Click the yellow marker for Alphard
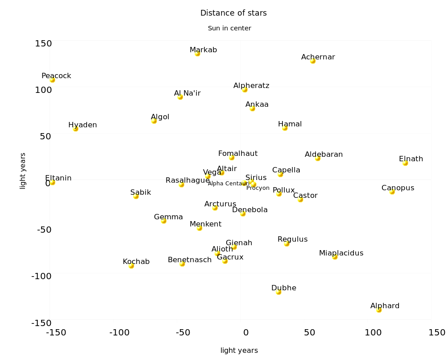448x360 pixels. click(x=379, y=310)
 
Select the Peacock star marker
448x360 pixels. click(x=53, y=80)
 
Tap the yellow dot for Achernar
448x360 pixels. click(x=313, y=61)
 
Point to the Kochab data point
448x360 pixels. click(x=131, y=266)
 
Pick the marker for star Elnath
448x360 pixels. click(x=405, y=163)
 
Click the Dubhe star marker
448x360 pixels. click(x=278, y=292)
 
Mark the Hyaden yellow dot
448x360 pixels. click(x=76, y=129)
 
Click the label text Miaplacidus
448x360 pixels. click(x=341, y=253)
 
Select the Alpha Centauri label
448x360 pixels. click(x=225, y=184)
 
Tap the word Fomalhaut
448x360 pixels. click(x=237, y=154)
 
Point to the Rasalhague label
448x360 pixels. click(x=187, y=180)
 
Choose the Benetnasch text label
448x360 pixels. click(x=190, y=260)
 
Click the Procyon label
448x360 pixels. click(x=258, y=188)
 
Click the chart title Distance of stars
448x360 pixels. click(x=233, y=13)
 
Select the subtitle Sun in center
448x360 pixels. click(x=229, y=28)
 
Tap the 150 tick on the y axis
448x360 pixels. click(x=43, y=43)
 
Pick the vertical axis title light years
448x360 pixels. click(x=23, y=171)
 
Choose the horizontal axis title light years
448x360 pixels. click(x=239, y=351)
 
